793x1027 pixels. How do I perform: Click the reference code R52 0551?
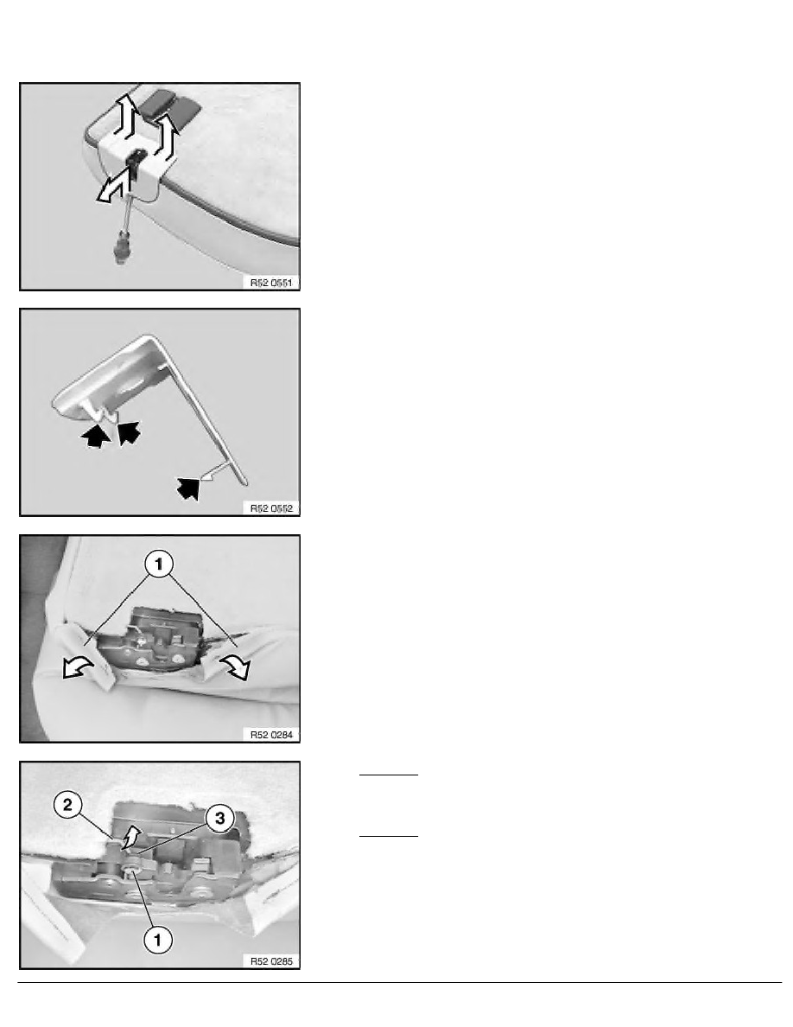coord(271,283)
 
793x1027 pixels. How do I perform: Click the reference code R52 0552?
coord(271,508)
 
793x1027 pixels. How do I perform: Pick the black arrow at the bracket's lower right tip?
coord(188,487)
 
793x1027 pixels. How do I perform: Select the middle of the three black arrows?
coord(129,432)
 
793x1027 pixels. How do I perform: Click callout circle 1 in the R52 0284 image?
coord(159,564)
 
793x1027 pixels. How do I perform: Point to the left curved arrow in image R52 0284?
coord(77,668)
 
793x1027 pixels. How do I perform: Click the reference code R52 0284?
coord(271,735)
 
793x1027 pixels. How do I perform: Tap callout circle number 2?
coord(68,804)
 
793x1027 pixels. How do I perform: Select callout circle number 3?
coord(219,818)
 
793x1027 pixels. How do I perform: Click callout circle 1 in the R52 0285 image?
coord(157,941)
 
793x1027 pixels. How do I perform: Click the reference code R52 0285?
coord(271,961)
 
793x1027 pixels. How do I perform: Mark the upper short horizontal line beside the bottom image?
coord(388,775)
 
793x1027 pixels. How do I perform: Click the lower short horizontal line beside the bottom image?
coord(388,837)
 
